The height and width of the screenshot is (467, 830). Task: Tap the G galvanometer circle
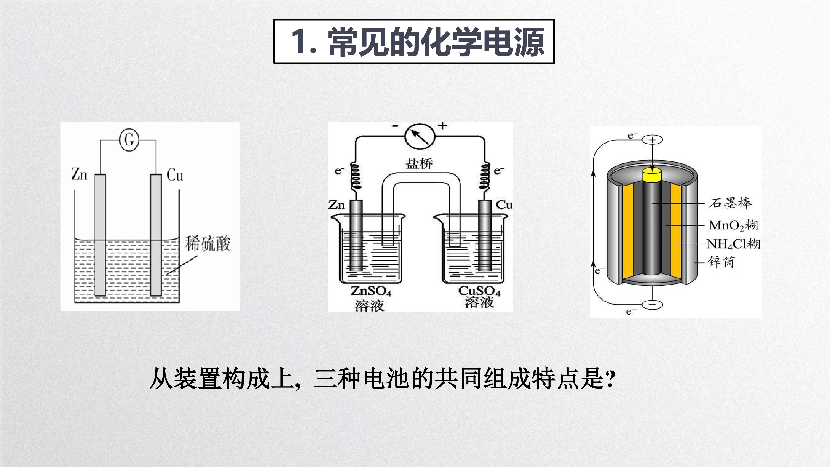(129, 140)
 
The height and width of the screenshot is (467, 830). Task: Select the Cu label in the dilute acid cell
(175, 175)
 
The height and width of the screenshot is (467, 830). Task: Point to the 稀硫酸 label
(208, 244)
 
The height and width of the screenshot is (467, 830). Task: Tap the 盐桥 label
(419, 163)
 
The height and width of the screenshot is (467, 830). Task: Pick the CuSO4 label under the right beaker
(479, 291)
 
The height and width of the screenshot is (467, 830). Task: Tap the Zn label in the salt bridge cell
(336, 205)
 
